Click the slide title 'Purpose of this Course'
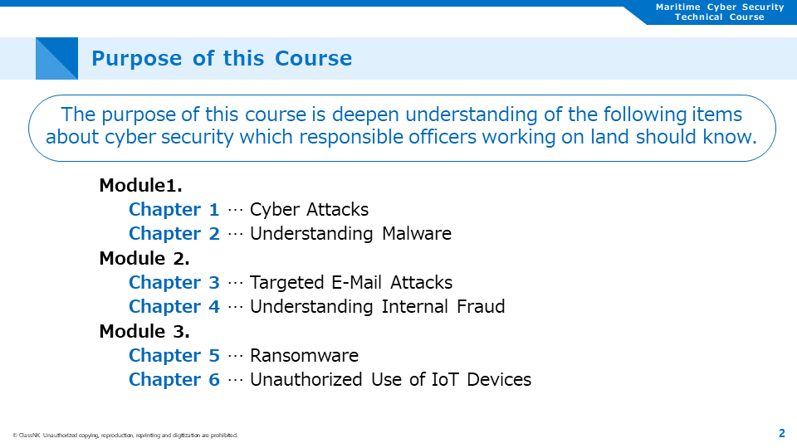pyautogui.click(x=222, y=58)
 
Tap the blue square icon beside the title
pyautogui.click(x=56, y=58)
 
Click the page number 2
pyautogui.click(x=782, y=433)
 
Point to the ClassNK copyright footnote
pyautogui.click(x=125, y=436)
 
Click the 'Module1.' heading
pyautogui.click(x=140, y=185)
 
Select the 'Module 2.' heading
pyautogui.click(x=144, y=259)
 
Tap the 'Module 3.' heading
pyautogui.click(x=144, y=332)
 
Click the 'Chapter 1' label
pyautogui.click(x=174, y=210)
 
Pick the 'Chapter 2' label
pyautogui.click(x=174, y=234)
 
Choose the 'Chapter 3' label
pyautogui.click(x=174, y=282)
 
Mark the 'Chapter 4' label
pyautogui.click(x=174, y=307)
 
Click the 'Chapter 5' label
pyautogui.click(x=174, y=356)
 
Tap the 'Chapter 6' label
pyautogui.click(x=174, y=380)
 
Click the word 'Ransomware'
pyautogui.click(x=304, y=356)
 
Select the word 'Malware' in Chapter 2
pyautogui.click(x=417, y=234)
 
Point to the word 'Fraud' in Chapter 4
pyautogui.click(x=481, y=307)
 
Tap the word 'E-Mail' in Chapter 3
pyautogui.click(x=356, y=282)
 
